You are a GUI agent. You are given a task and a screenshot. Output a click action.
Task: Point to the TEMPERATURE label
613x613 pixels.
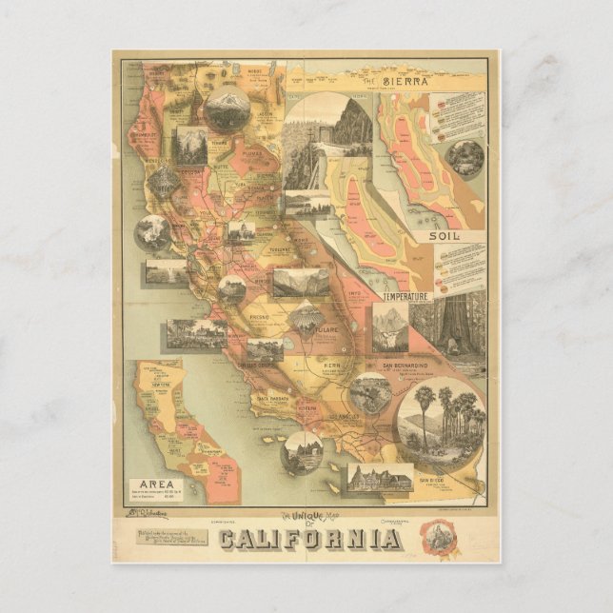point(408,297)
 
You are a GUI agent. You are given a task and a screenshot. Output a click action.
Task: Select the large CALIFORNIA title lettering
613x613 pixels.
point(309,539)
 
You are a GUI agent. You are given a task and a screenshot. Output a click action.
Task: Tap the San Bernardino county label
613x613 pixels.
point(405,365)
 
